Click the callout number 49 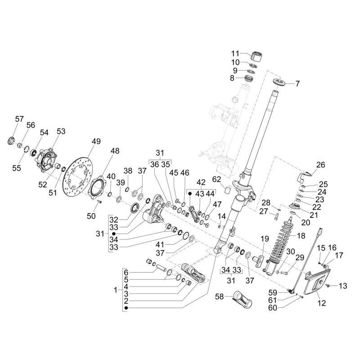tap(96, 141)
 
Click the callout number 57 tap(19, 119)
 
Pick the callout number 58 tap(219, 297)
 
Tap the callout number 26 tap(320, 165)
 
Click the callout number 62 tap(216, 179)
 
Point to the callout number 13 tap(343, 286)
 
